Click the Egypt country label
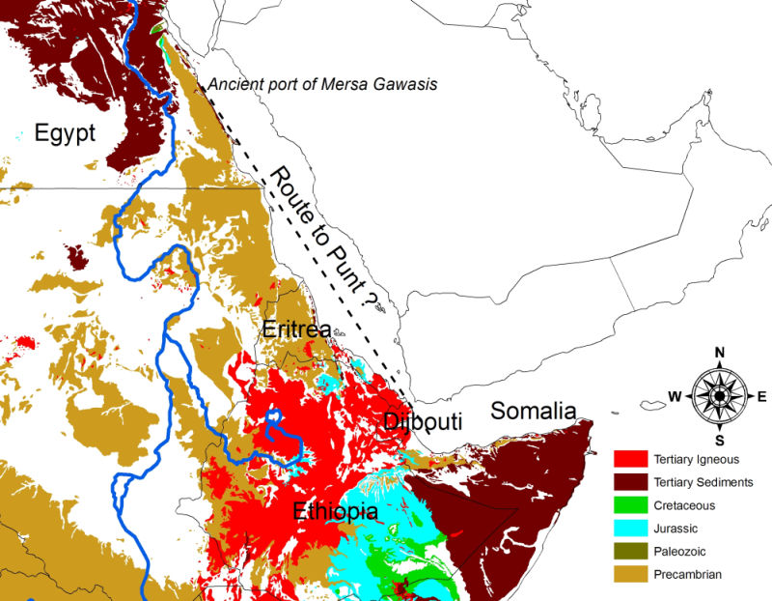[x=65, y=132]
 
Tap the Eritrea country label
[x=296, y=329]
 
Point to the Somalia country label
[x=534, y=410]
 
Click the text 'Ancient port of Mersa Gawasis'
[x=322, y=85]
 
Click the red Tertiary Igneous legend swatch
[x=631, y=459]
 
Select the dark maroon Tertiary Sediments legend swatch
[x=631, y=482]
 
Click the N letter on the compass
[x=719, y=352]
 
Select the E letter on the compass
[x=762, y=397]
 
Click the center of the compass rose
[x=719, y=396]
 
